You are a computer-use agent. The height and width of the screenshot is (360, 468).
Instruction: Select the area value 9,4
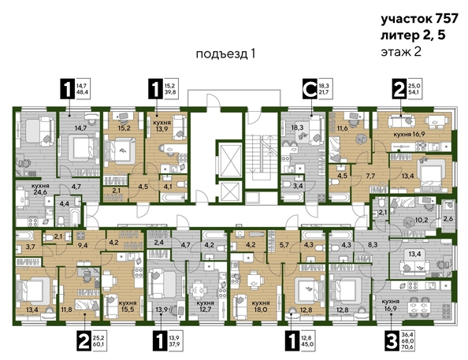81,245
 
